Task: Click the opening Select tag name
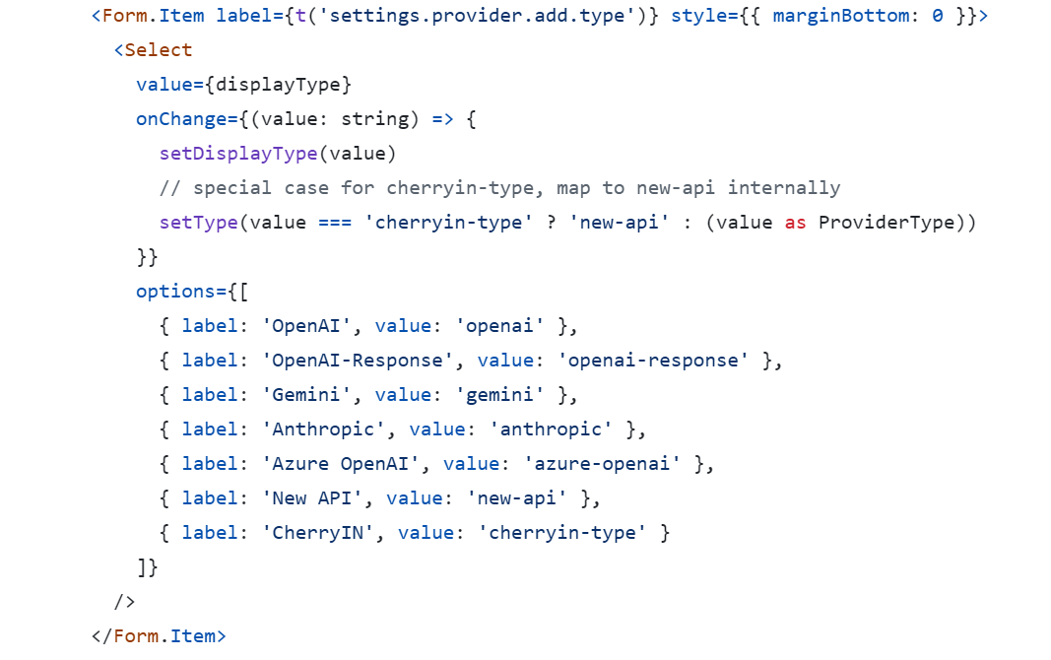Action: (x=159, y=50)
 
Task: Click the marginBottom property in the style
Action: (x=840, y=16)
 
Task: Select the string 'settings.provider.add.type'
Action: (x=477, y=16)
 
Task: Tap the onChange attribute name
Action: (x=181, y=119)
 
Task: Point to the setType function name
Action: (x=198, y=223)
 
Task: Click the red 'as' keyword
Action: (x=795, y=223)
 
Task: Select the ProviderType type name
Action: (x=887, y=223)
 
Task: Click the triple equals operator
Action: (x=335, y=223)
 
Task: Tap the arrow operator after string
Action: (x=442, y=119)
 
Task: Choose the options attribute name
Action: (x=175, y=292)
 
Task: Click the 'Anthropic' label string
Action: (x=323, y=429)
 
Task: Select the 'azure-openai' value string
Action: (x=602, y=464)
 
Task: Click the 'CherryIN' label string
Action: (x=318, y=533)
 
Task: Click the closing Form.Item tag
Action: (x=159, y=636)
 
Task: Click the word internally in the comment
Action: (x=783, y=188)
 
